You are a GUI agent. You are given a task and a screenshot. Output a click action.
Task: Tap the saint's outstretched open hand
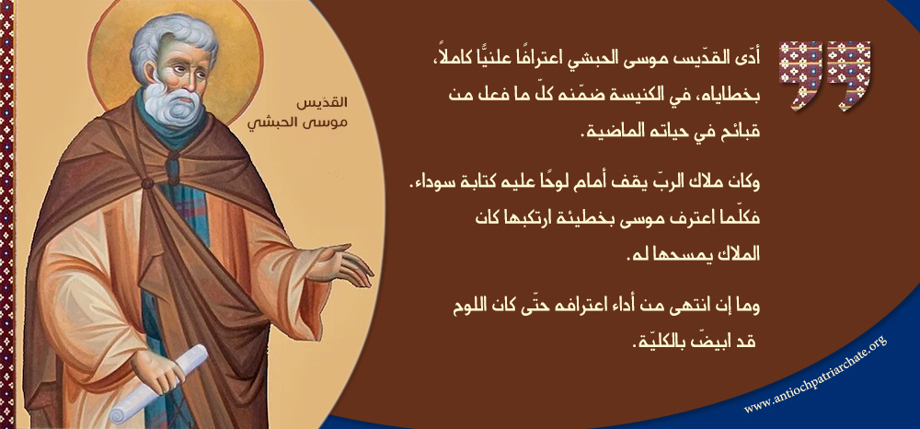coord(342,266)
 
